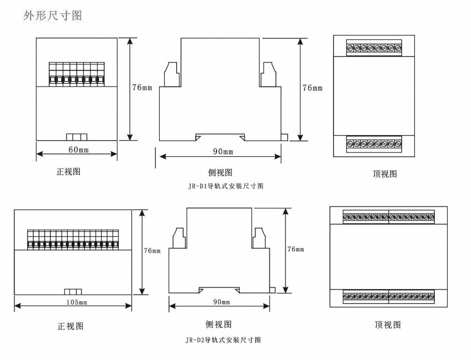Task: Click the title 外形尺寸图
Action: [x=53, y=16]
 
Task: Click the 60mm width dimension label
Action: [x=79, y=149]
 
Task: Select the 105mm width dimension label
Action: [x=77, y=302]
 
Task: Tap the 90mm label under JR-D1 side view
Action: [x=223, y=152]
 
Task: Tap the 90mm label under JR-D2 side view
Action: [x=222, y=302]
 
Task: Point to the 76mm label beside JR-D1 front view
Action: [x=142, y=88]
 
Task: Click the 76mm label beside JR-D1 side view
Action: [x=312, y=88]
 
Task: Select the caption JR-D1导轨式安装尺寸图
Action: [x=226, y=186]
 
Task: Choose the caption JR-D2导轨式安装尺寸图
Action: [x=223, y=340]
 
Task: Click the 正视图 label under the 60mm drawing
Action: [x=68, y=172]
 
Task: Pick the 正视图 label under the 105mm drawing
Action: [x=70, y=326]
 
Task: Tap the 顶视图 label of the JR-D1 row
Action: [x=385, y=174]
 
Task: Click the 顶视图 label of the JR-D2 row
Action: [x=388, y=325]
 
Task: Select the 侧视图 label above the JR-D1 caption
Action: [x=220, y=172]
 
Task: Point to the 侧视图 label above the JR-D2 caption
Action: [x=219, y=324]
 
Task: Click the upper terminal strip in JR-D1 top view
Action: [x=374, y=48]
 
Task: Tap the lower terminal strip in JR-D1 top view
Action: [x=374, y=144]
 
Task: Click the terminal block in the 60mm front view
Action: [x=77, y=74]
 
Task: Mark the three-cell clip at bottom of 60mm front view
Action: [x=77, y=137]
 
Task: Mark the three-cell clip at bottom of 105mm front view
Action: [x=73, y=292]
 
